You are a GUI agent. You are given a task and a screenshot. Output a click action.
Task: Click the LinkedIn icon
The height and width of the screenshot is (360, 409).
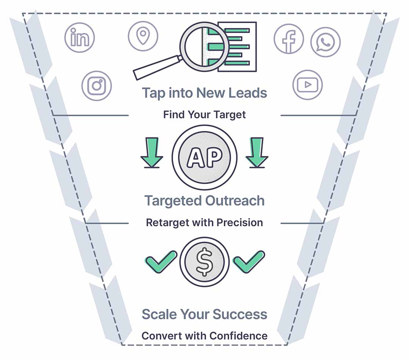tap(80, 37)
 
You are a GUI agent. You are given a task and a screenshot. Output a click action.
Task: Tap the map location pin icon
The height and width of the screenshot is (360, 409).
tap(143, 36)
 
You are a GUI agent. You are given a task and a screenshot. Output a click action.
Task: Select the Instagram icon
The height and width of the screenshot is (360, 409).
tap(97, 86)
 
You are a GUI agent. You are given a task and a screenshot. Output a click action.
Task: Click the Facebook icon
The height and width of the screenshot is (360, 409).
tap(289, 39)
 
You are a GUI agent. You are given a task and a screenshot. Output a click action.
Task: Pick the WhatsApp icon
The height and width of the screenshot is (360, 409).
tap(325, 42)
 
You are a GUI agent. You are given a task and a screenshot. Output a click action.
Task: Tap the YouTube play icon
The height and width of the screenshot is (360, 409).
tap(308, 85)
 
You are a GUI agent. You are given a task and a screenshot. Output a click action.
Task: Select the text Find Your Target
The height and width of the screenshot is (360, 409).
tap(204, 115)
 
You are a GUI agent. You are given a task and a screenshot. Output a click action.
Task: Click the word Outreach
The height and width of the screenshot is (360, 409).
tap(234, 201)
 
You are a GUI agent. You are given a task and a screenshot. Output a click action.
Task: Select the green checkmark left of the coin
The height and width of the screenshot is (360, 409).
tap(161, 261)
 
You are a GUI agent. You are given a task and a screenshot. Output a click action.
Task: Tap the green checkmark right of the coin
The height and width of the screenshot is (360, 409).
tap(249, 261)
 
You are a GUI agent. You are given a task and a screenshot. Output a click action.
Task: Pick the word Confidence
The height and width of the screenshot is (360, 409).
tap(239, 336)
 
